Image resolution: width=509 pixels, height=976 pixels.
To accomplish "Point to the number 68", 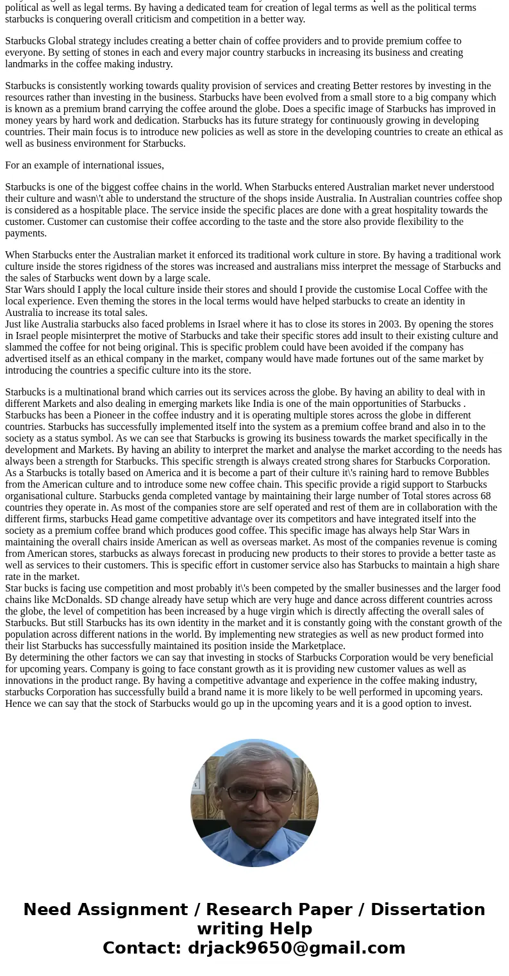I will (485, 495).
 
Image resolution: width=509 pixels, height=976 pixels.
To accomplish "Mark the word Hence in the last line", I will (18, 703).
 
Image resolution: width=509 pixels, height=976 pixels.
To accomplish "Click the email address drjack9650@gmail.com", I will (296, 948).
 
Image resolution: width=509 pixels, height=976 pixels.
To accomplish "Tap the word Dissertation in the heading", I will (427, 909).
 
